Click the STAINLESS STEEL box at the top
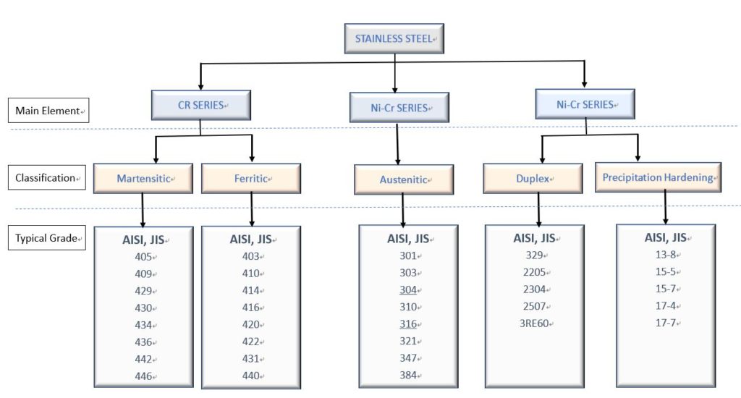(x=394, y=38)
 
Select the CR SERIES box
(x=201, y=105)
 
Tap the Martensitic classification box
(x=143, y=178)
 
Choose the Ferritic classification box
(x=251, y=178)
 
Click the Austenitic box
(x=404, y=179)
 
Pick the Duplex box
(x=533, y=179)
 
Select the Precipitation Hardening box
(x=658, y=177)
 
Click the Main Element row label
(x=48, y=111)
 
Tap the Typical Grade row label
(x=47, y=238)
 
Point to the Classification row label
(x=47, y=178)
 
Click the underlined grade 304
(x=408, y=289)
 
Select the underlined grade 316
(x=408, y=323)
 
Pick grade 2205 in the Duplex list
(x=535, y=272)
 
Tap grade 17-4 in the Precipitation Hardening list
(x=666, y=306)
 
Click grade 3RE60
(x=534, y=323)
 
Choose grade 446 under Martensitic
(x=143, y=376)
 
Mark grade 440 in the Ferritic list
(x=250, y=376)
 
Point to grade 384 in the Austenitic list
(x=408, y=376)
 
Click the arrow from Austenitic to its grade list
(x=403, y=211)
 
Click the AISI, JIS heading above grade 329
(x=534, y=238)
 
